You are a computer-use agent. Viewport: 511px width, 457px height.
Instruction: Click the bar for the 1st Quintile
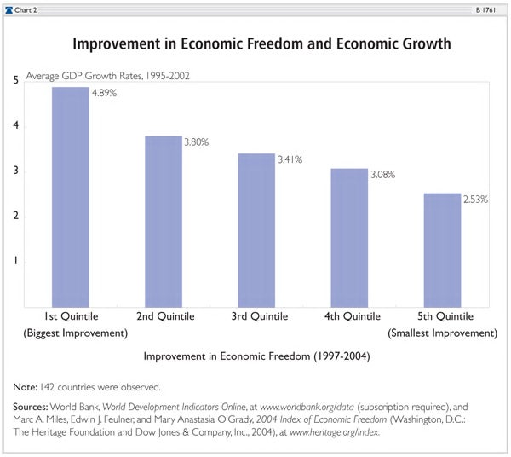tap(71, 196)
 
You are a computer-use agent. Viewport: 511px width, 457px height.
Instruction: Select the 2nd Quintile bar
tap(164, 221)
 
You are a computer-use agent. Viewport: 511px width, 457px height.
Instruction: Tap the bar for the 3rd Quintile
tap(256, 229)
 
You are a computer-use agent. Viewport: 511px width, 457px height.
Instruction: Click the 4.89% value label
tap(103, 93)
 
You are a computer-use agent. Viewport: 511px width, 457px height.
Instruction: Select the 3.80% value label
tap(196, 142)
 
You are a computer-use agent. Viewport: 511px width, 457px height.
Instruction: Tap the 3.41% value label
tap(289, 159)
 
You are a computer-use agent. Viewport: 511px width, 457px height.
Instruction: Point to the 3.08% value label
tap(382, 174)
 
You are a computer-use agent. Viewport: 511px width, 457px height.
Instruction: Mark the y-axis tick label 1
tap(15, 262)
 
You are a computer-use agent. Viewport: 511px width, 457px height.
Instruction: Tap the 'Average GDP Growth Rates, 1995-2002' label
tap(107, 76)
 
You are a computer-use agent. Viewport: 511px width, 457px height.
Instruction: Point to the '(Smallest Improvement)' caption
tap(442, 333)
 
